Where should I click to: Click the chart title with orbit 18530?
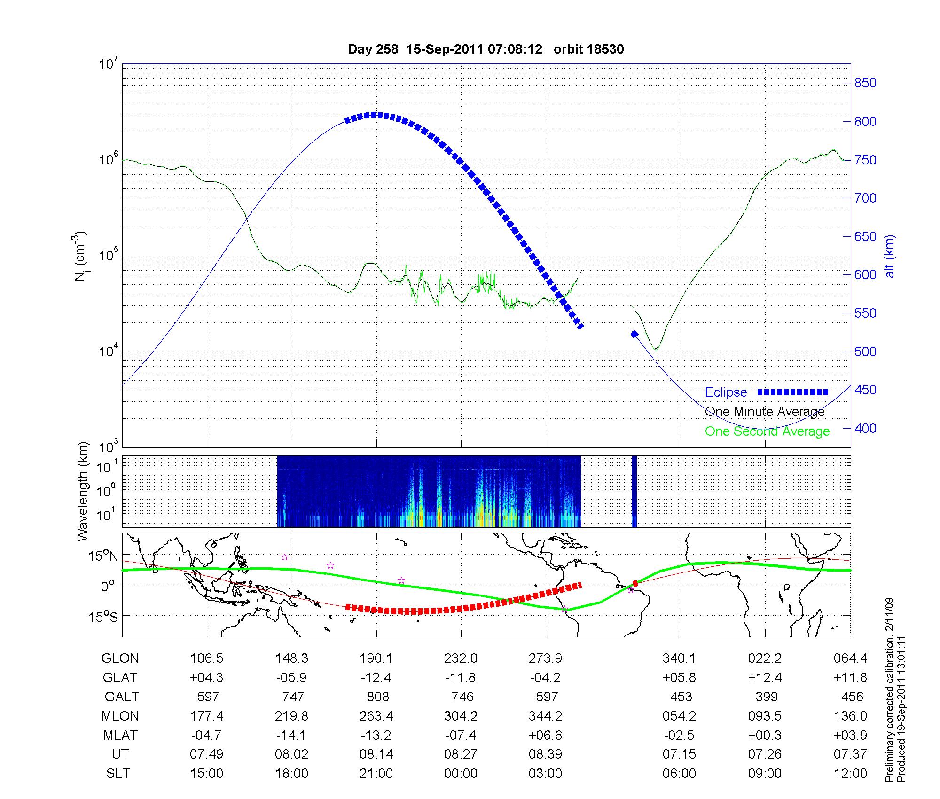point(486,49)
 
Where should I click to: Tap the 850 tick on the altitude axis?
point(865,83)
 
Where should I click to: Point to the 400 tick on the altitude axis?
point(865,428)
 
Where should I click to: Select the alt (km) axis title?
point(890,256)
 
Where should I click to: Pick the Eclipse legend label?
point(726,392)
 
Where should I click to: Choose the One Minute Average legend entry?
point(765,412)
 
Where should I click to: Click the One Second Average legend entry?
point(767,431)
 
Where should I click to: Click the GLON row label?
point(120,658)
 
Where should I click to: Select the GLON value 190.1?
point(376,658)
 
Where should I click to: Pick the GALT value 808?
point(377,697)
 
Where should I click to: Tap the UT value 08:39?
point(545,754)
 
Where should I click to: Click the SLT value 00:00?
point(461,774)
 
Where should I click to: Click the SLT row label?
point(118,774)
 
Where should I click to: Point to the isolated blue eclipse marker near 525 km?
point(634,334)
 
